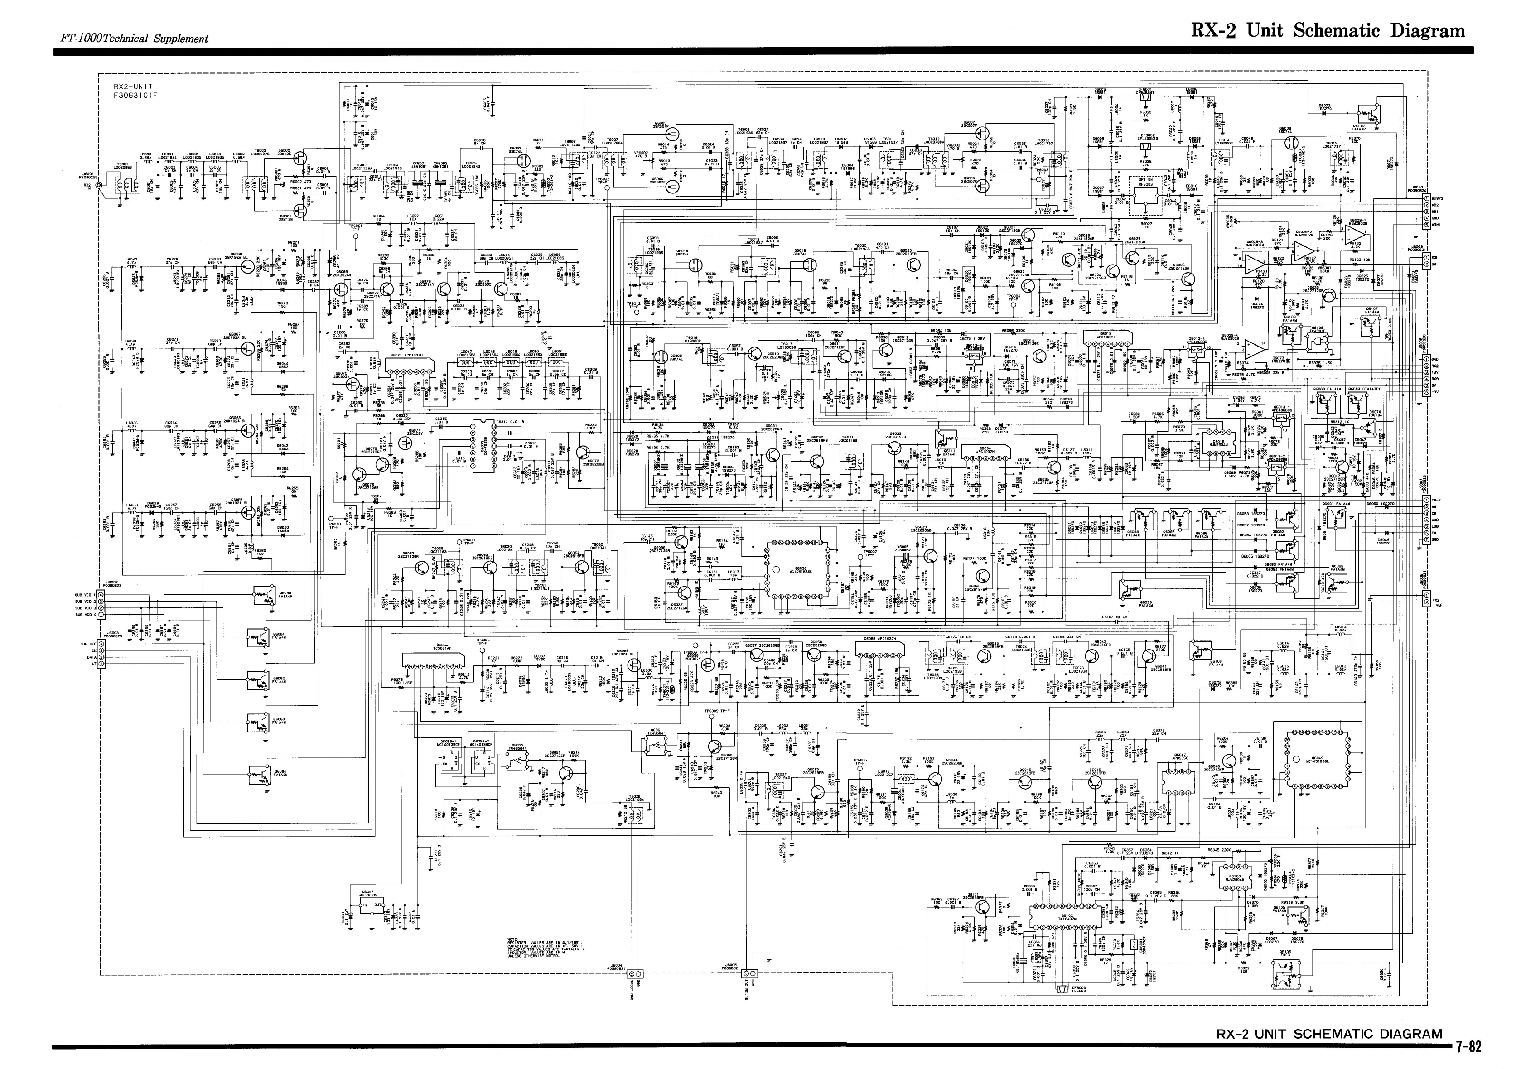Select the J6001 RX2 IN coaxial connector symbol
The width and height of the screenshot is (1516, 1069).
(100, 186)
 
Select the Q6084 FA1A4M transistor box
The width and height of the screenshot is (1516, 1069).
(259, 773)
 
